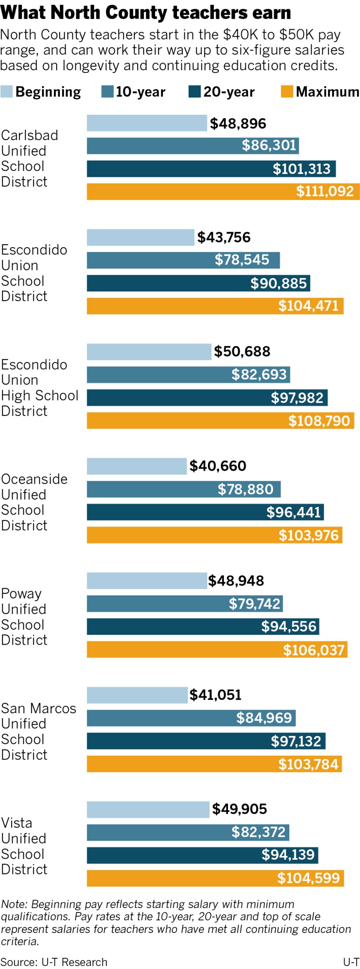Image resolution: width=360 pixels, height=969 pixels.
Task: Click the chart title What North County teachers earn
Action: (x=146, y=13)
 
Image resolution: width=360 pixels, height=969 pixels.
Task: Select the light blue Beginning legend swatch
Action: (x=6, y=92)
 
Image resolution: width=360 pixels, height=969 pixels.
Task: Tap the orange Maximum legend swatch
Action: (x=287, y=92)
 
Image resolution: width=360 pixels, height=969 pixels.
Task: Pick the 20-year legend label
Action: (x=229, y=92)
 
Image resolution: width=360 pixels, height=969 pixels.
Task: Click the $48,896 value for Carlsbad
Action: (x=238, y=124)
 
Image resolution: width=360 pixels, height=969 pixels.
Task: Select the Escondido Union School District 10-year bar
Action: (x=183, y=260)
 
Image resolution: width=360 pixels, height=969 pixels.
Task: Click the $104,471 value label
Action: (x=309, y=306)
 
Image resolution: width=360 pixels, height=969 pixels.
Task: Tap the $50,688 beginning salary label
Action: (x=242, y=352)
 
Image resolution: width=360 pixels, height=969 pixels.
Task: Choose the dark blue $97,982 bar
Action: (x=207, y=398)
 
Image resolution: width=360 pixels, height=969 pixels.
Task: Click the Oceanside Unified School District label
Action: (x=34, y=502)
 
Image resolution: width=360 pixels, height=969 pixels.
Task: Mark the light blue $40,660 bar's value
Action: (x=218, y=466)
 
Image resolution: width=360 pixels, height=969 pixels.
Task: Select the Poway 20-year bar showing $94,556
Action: (x=203, y=627)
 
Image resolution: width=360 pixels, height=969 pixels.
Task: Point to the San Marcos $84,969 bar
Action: (x=191, y=718)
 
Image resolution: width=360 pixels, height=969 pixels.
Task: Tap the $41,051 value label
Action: (x=216, y=695)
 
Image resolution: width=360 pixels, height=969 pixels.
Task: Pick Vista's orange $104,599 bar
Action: (x=215, y=878)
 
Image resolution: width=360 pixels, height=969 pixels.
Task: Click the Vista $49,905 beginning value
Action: (x=240, y=809)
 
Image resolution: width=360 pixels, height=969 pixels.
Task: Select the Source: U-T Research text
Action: (x=54, y=962)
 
